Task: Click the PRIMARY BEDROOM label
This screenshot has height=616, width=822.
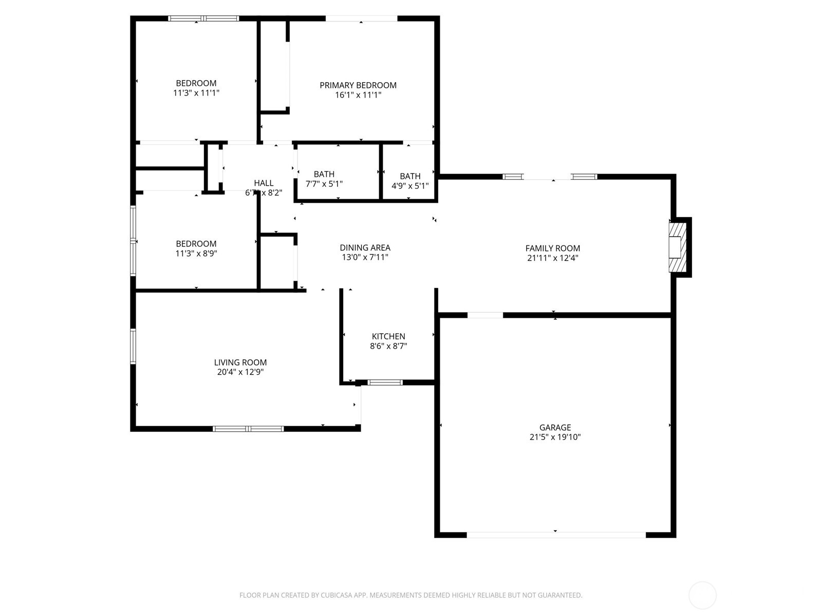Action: [358, 85]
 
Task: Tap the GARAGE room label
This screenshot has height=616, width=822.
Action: [555, 427]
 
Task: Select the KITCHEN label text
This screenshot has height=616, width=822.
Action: [388, 336]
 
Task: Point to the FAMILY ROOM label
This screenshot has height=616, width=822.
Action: [552, 248]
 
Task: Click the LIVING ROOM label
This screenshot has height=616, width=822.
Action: [240, 362]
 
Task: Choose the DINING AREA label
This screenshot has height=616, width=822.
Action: [365, 247]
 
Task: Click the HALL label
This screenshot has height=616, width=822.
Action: [264, 183]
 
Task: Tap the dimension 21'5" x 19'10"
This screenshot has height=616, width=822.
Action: [555, 437]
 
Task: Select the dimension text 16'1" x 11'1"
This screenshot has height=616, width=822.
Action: [358, 95]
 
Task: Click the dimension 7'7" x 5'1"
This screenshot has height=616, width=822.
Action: [324, 184]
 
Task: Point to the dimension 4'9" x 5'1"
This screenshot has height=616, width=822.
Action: [410, 186]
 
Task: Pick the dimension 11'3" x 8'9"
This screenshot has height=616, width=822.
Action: [196, 253]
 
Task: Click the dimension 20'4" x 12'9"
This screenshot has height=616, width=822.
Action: [240, 372]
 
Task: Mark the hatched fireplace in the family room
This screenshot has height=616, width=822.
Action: [678, 247]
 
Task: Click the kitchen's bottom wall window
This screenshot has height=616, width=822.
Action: [385, 382]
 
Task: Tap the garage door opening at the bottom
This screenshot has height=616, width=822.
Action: [556, 535]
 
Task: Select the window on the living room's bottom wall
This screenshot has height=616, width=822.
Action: [248, 429]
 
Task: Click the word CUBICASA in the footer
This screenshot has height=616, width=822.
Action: [336, 595]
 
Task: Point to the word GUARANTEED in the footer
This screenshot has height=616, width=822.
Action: [561, 595]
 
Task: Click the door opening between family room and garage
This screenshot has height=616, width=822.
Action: [485, 315]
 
